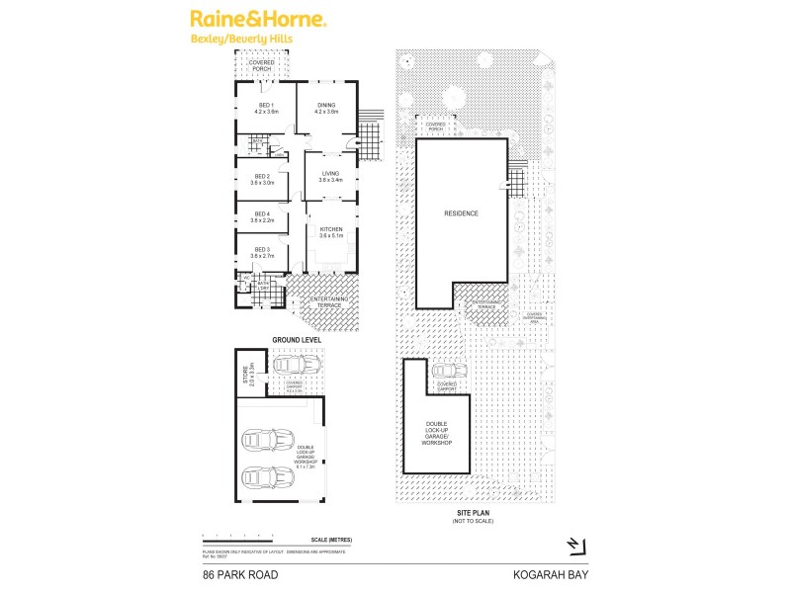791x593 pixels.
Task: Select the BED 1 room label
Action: tap(266, 107)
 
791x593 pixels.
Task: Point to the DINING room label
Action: tap(326, 107)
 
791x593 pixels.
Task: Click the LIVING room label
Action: tap(329, 174)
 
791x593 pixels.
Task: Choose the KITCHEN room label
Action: tap(329, 230)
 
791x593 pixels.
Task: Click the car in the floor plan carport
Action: tap(292, 365)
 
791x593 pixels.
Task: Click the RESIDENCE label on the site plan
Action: tap(461, 213)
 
